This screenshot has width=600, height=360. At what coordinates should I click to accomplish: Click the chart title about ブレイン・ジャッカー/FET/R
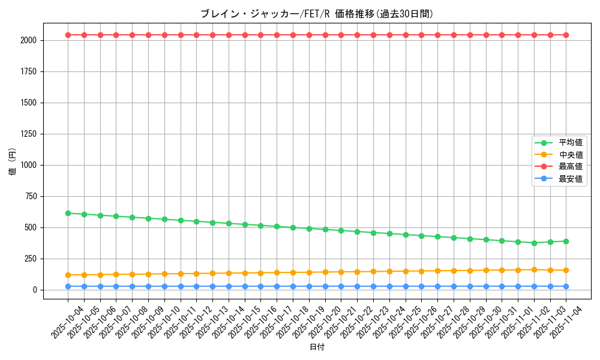[x=317, y=14]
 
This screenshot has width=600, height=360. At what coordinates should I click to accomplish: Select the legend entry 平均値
[x=570, y=143]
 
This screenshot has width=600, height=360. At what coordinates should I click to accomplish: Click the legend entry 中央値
[x=570, y=155]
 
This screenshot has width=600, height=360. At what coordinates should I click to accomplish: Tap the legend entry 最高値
[x=570, y=167]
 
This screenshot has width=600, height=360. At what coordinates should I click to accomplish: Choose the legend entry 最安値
[x=570, y=179]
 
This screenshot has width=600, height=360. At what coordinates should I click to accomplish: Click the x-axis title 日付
[x=317, y=347]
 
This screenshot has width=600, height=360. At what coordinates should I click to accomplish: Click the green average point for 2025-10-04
[x=68, y=213]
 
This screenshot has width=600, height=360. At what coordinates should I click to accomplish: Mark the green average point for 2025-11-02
[x=534, y=243]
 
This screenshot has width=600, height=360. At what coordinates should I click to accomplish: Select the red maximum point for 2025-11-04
[x=566, y=35]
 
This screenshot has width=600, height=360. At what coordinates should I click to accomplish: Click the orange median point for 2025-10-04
[x=68, y=275]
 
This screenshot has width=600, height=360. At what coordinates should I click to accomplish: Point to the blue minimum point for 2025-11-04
[x=566, y=286]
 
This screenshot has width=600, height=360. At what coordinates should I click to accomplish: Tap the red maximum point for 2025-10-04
[x=68, y=35]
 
